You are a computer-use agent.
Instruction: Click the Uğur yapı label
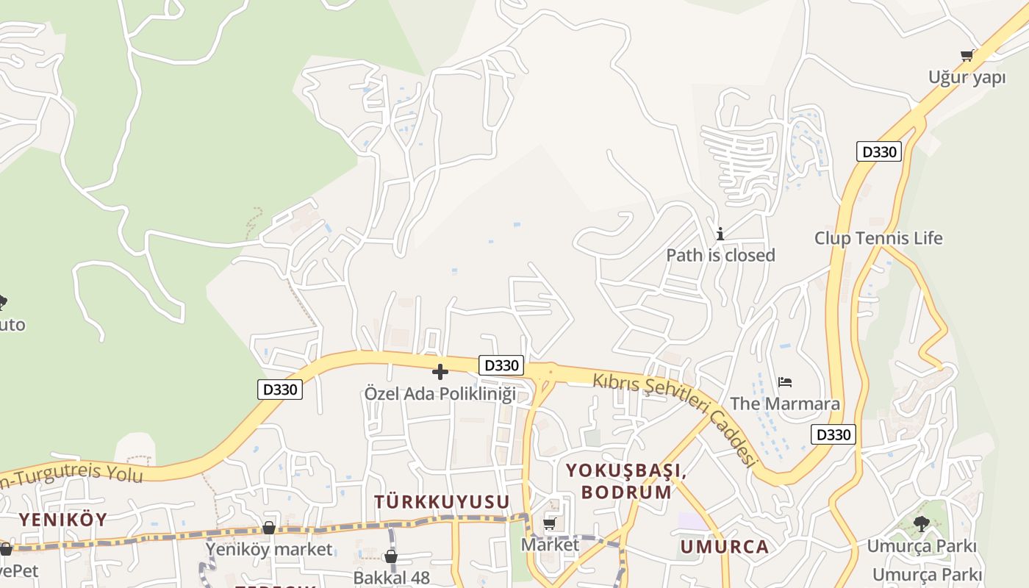tap(967, 77)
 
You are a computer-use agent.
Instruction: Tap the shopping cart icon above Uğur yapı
tap(967, 55)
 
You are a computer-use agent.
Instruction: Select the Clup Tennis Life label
tap(878, 238)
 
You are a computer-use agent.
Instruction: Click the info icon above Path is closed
tap(720, 234)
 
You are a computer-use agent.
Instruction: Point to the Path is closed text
tap(720, 255)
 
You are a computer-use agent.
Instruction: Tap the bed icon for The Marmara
tap(785, 382)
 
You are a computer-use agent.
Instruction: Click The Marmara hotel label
tap(785, 404)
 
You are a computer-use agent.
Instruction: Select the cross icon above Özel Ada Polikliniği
tap(440, 372)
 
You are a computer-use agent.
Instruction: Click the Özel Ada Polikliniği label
tap(440, 393)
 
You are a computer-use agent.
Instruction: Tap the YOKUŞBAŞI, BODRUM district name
tap(627, 481)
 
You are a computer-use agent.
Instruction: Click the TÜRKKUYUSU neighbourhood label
tap(442, 501)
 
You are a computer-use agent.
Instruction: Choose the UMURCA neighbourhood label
tap(724, 546)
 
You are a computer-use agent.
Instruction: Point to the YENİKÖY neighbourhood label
tap(62, 519)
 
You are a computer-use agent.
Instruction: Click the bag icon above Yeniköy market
tap(269, 528)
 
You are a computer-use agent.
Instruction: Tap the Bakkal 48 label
tap(391, 577)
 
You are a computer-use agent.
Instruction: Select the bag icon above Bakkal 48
tap(391, 556)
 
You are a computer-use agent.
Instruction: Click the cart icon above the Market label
tap(550, 523)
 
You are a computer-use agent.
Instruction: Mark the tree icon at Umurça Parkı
tap(921, 523)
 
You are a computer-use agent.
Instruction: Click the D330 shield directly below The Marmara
tap(833, 434)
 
